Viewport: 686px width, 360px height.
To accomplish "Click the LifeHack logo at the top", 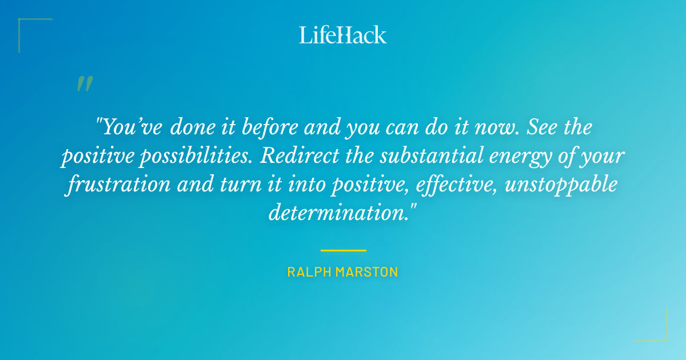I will coord(342,35).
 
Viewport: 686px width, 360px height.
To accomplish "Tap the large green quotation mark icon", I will coord(84,84).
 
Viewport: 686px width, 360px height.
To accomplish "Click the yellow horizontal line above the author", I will coord(343,250).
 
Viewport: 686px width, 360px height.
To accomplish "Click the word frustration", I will coord(117,185).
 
